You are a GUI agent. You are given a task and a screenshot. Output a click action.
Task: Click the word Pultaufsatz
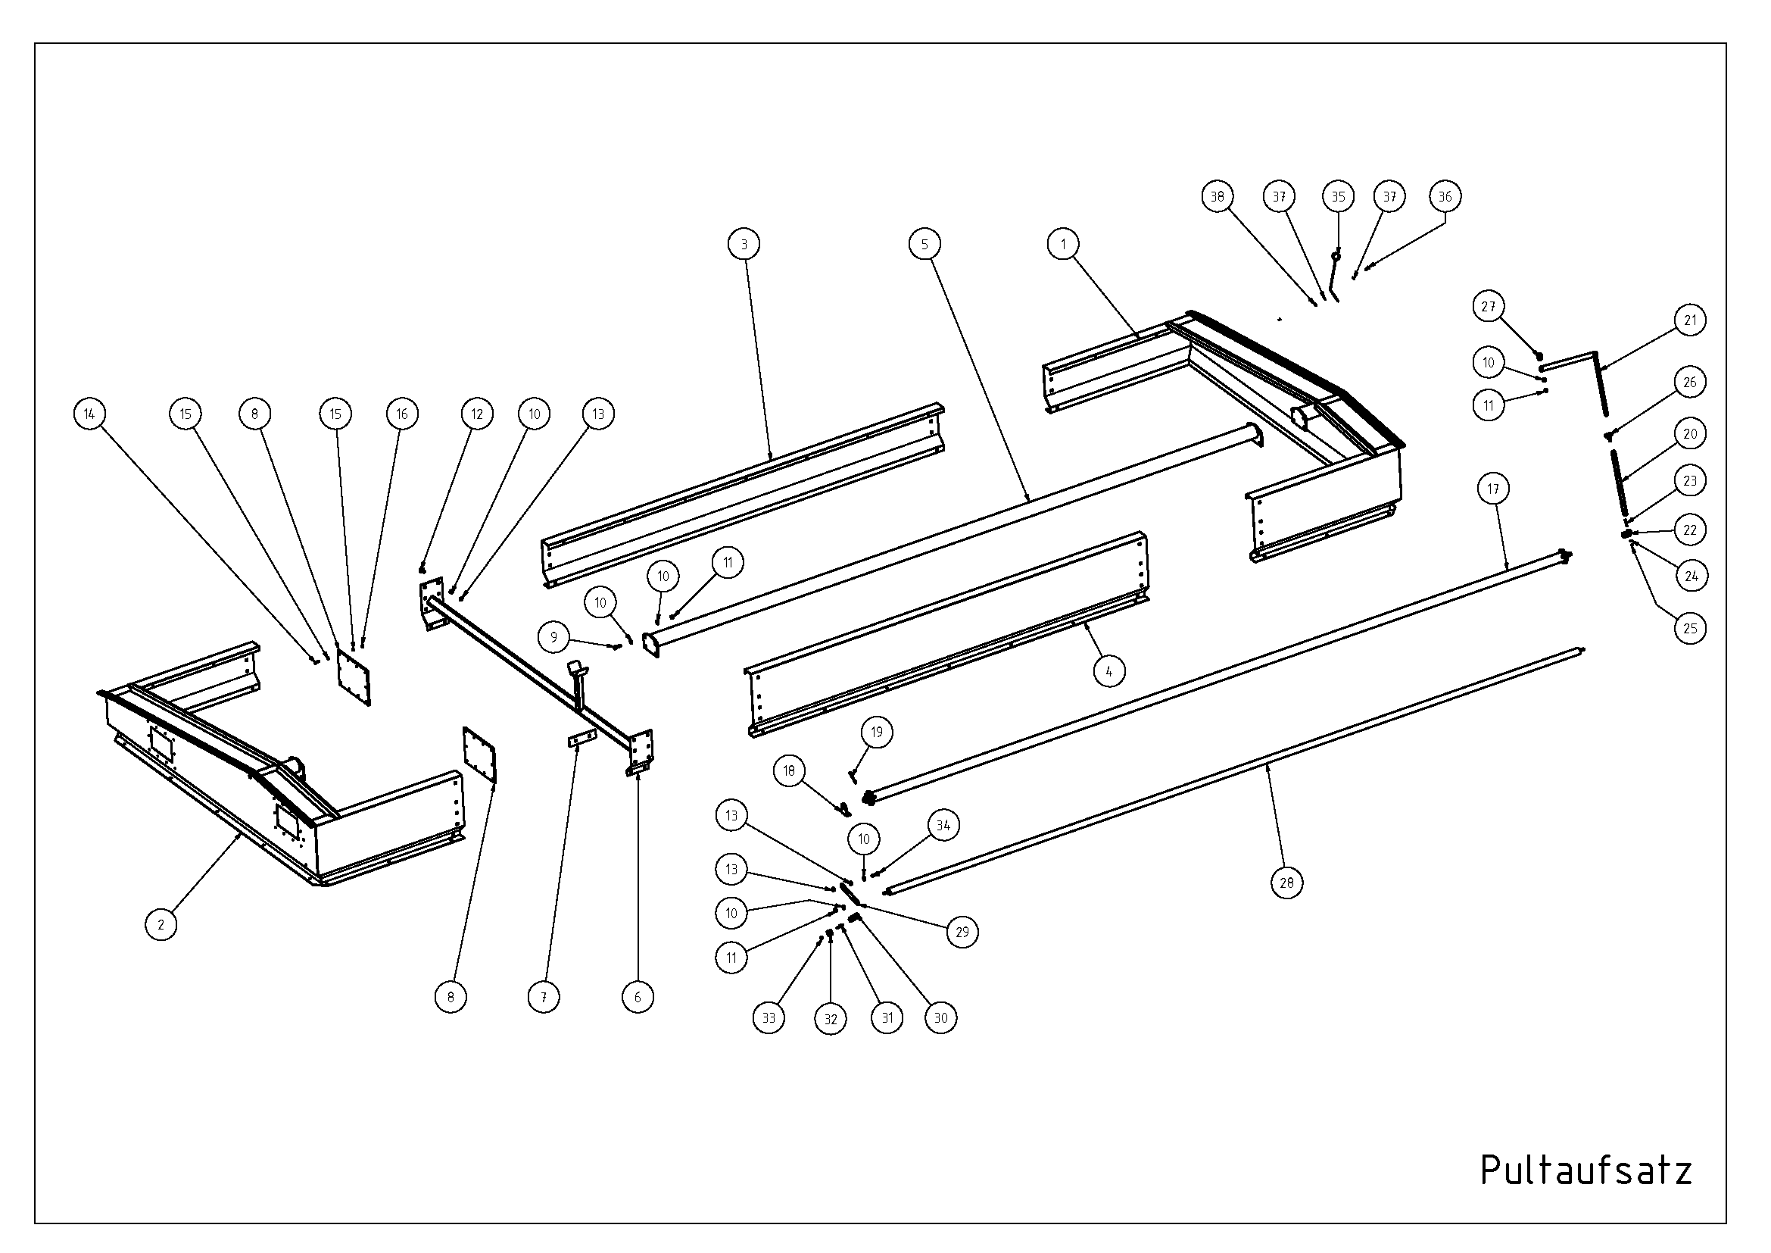coord(1586,1170)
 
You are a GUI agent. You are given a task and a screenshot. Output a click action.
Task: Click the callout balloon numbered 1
coord(1064,245)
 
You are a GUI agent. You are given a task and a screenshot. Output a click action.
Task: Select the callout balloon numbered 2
coord(161,924)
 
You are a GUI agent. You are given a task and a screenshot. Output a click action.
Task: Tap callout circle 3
coord(744,245)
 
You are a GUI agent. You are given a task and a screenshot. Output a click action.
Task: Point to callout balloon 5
coord(924,245)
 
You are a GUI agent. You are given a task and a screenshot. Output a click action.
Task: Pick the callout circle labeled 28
coord(1286,883)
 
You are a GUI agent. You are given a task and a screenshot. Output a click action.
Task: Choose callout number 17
coord(1494,489)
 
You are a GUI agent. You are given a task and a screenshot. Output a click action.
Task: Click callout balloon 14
coord(89,414)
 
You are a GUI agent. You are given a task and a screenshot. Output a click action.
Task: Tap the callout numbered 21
coord(1690,320)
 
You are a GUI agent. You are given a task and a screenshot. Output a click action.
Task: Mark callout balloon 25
coord(1690,628)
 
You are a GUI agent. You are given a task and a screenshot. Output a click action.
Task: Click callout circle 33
coord(769,1018)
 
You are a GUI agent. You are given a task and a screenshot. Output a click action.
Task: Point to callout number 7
coord(544,998)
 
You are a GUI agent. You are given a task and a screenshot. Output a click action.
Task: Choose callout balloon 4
coord(1109,671)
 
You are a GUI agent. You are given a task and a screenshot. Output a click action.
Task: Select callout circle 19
coord(877,732)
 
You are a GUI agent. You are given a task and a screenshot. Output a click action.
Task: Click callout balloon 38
coord(1218,197)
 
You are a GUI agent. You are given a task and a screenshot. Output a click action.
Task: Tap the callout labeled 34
coord(943,826)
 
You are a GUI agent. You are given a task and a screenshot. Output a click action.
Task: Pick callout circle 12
coord(478,414)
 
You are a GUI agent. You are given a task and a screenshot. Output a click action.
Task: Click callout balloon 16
coord(402,414)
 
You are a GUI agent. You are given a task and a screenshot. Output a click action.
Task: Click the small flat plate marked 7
coord(582,739)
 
